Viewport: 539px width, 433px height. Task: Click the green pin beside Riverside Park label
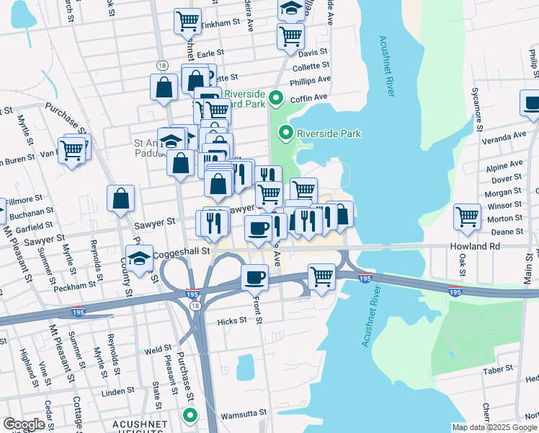click(286, 133)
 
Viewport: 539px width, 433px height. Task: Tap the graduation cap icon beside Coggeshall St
click(140, 258)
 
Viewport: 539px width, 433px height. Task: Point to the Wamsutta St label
click(244, 412)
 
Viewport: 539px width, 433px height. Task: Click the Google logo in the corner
click(24, 424)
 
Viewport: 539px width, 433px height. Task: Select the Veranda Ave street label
click(505, 136)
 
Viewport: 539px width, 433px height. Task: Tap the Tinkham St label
click(220, 23)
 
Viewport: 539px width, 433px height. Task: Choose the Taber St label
click(498, 368)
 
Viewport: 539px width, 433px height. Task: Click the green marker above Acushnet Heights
click(190, 415)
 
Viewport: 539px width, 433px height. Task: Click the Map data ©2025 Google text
click(494, 427)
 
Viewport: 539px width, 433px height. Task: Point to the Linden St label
click(114, 392)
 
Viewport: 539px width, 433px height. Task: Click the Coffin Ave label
click(309, 97)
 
